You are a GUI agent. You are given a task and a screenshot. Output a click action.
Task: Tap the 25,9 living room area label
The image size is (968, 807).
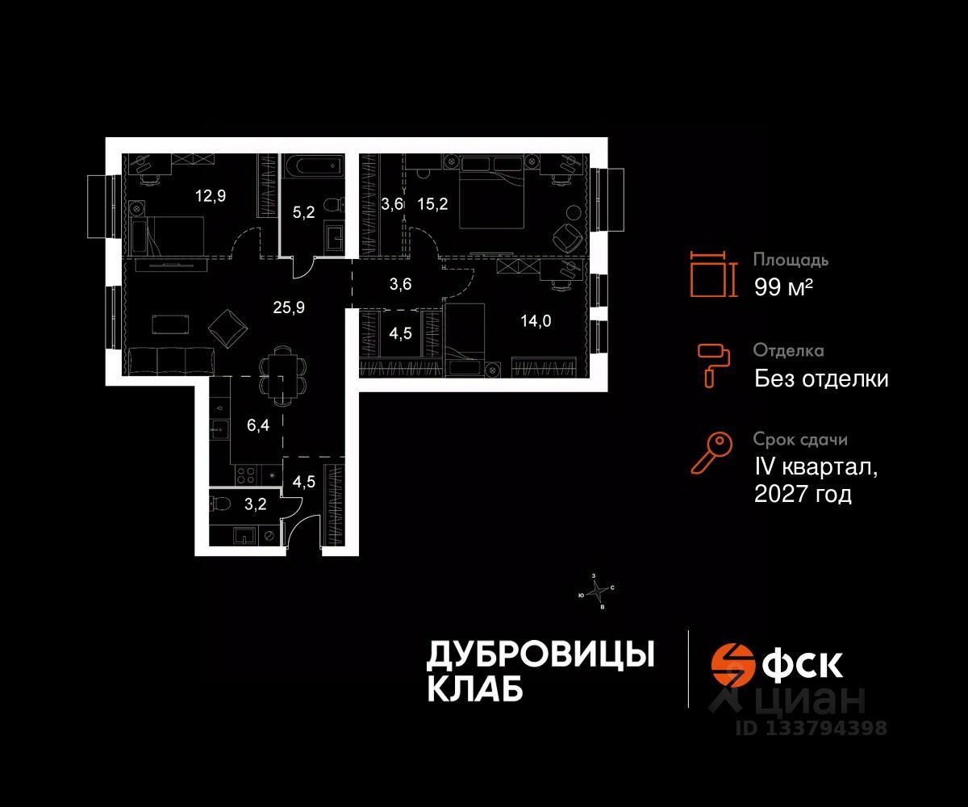(288, 307)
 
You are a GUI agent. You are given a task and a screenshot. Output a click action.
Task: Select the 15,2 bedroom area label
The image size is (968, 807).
(432, 203)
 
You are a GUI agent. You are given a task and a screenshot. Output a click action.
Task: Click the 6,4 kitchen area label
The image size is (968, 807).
(257, 425)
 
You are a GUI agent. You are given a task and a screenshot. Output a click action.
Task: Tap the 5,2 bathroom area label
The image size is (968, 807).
(302, 213)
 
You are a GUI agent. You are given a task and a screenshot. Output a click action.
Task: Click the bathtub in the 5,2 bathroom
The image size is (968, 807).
(315, 169)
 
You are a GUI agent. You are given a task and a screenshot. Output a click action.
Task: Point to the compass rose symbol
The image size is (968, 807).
(596, 592)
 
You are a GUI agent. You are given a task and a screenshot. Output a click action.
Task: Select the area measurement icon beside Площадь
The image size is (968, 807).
(712, 273)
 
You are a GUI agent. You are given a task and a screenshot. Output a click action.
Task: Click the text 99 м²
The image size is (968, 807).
(783, 286)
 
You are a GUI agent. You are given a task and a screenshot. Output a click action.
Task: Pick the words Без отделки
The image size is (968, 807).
(821, 378)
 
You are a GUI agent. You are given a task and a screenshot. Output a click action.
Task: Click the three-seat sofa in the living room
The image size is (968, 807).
(170, 359)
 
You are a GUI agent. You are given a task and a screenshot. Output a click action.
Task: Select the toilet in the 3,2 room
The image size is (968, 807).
(219, 504)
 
